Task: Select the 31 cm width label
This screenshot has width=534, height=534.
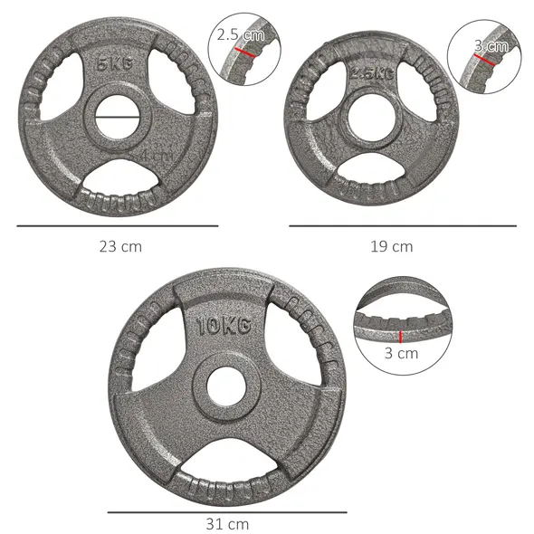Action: [x=226, y=524]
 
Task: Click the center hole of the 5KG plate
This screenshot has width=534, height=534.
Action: [x=118, y=117]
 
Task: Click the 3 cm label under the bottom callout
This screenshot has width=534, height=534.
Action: [x=400, y=354]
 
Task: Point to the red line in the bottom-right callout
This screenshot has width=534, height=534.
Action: [x=399, y=336]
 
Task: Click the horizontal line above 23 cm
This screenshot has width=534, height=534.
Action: [x=118, y=225]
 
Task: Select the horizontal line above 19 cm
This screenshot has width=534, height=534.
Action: [x=403, y=225]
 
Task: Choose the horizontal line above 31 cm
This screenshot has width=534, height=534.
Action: [x=226, y=512]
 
